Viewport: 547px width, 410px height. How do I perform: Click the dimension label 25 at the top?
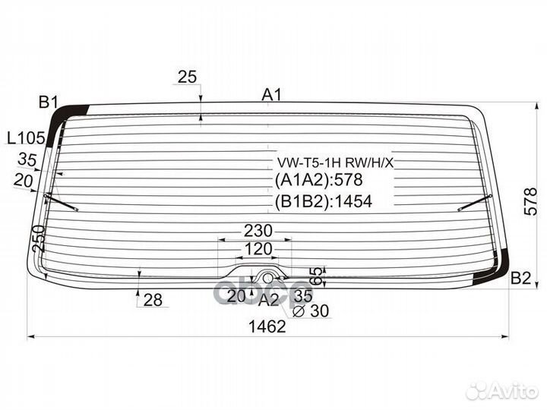point(187,76)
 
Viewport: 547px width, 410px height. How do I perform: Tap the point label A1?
point(271,94)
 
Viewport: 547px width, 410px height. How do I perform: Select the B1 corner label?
point(49,102)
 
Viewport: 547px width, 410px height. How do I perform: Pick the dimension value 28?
point(153,300)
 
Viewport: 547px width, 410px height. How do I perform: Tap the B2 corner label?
point(520,278)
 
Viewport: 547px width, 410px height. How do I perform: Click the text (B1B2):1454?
point(324,201)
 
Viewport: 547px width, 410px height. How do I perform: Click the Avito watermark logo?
point(501,391)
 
